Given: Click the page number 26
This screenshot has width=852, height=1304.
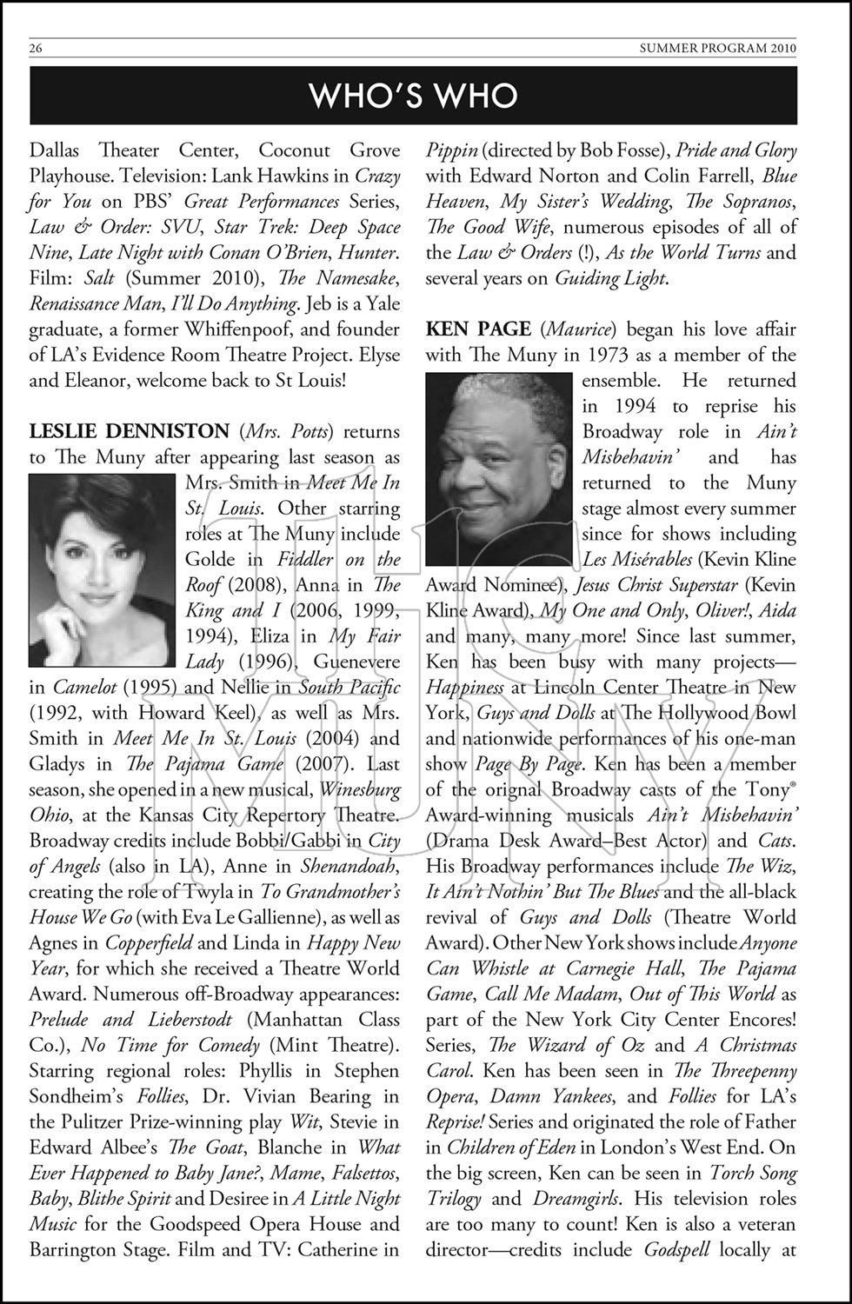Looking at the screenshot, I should (x=36, y=49).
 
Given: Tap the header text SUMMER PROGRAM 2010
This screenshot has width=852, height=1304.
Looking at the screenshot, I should (x=717, y=49).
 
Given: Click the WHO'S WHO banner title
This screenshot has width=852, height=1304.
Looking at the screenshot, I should (x=413, y=96).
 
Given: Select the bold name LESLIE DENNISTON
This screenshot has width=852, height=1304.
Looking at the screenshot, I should (x=129, y=431).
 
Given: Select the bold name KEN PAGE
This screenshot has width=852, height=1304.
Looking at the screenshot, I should (x=477, y=329).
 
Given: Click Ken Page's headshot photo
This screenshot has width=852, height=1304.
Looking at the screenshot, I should (x=498, y=469).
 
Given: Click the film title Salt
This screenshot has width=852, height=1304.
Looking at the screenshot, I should (x=99, y=278).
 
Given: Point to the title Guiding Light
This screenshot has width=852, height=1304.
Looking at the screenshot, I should (x=610, y=278).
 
